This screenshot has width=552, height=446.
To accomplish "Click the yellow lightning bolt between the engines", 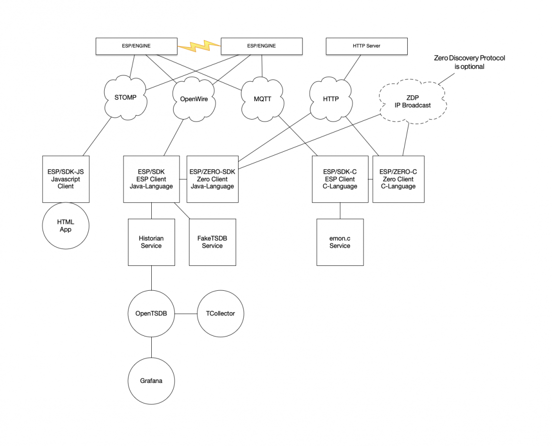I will pos(199,47).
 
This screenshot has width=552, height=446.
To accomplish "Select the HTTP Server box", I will pos(367,47).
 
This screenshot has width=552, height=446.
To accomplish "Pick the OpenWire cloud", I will pos(191,98).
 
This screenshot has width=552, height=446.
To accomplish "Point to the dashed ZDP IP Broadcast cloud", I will pos(413,101).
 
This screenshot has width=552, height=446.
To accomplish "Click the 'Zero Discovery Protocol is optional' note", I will pos(469,62).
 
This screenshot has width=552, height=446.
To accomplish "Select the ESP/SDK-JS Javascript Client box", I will pos(66,179).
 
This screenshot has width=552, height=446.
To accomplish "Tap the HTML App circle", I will pos(65,226).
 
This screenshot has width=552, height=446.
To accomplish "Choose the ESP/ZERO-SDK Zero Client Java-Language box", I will pos(212,179).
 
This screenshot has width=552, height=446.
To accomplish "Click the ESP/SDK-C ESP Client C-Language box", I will pos(340,179).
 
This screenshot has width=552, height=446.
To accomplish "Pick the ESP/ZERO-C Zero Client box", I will pos(398,179).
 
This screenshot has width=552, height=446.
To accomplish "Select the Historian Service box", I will pos(151,242).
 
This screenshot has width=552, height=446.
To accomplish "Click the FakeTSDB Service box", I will pos(212,242).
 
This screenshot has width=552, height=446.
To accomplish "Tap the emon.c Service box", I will pos(340,242).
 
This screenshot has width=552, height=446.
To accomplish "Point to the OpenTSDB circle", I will pos(151,314).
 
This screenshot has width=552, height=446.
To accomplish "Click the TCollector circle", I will pos(220,314).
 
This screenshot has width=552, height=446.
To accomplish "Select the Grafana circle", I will pos(151,381).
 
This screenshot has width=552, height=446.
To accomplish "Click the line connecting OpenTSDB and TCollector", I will pos(186,314).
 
